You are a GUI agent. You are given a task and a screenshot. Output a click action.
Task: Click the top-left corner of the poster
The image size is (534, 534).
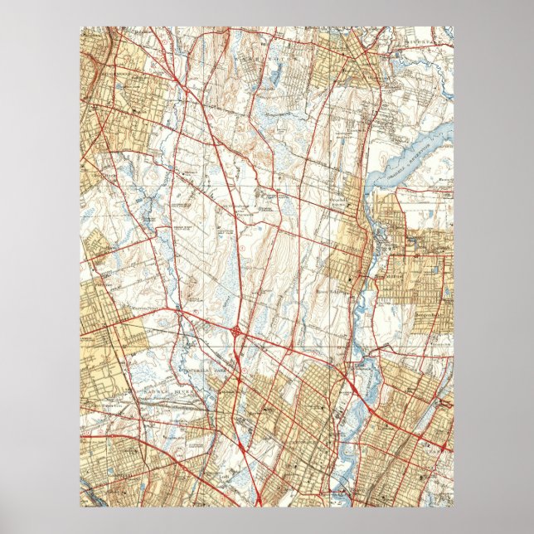pos(80,27)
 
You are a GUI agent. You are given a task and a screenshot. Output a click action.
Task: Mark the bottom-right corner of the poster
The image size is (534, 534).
pos(454,507)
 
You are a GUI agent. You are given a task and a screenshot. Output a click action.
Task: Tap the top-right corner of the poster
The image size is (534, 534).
pos(454,27)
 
